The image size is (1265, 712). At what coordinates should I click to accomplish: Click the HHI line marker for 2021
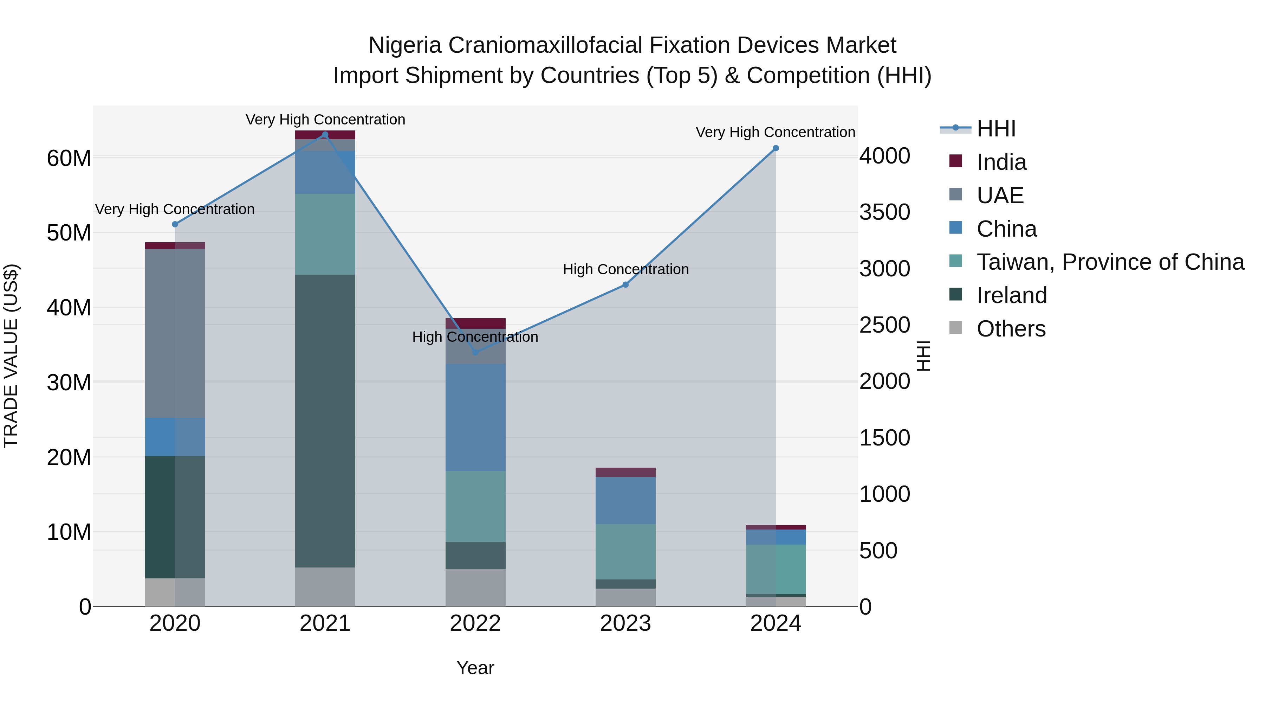325,135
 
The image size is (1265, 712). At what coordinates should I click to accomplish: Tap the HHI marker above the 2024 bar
776,148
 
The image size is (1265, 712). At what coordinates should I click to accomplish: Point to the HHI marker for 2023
625,284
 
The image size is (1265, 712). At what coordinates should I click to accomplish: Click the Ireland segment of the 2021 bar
325,421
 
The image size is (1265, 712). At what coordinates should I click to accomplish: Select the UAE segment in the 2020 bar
175,333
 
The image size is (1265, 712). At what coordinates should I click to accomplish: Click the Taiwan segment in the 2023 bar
625,551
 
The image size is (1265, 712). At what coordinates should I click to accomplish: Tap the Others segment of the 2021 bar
325,587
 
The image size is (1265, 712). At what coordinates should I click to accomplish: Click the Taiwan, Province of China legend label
1110,262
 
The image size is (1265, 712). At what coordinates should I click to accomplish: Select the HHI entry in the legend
995,129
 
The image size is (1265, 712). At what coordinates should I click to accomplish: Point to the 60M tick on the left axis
69,159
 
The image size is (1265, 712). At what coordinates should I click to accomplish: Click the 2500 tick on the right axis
884,325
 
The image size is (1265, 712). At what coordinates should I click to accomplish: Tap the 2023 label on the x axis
625,623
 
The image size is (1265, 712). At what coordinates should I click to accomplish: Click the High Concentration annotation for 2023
625,269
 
